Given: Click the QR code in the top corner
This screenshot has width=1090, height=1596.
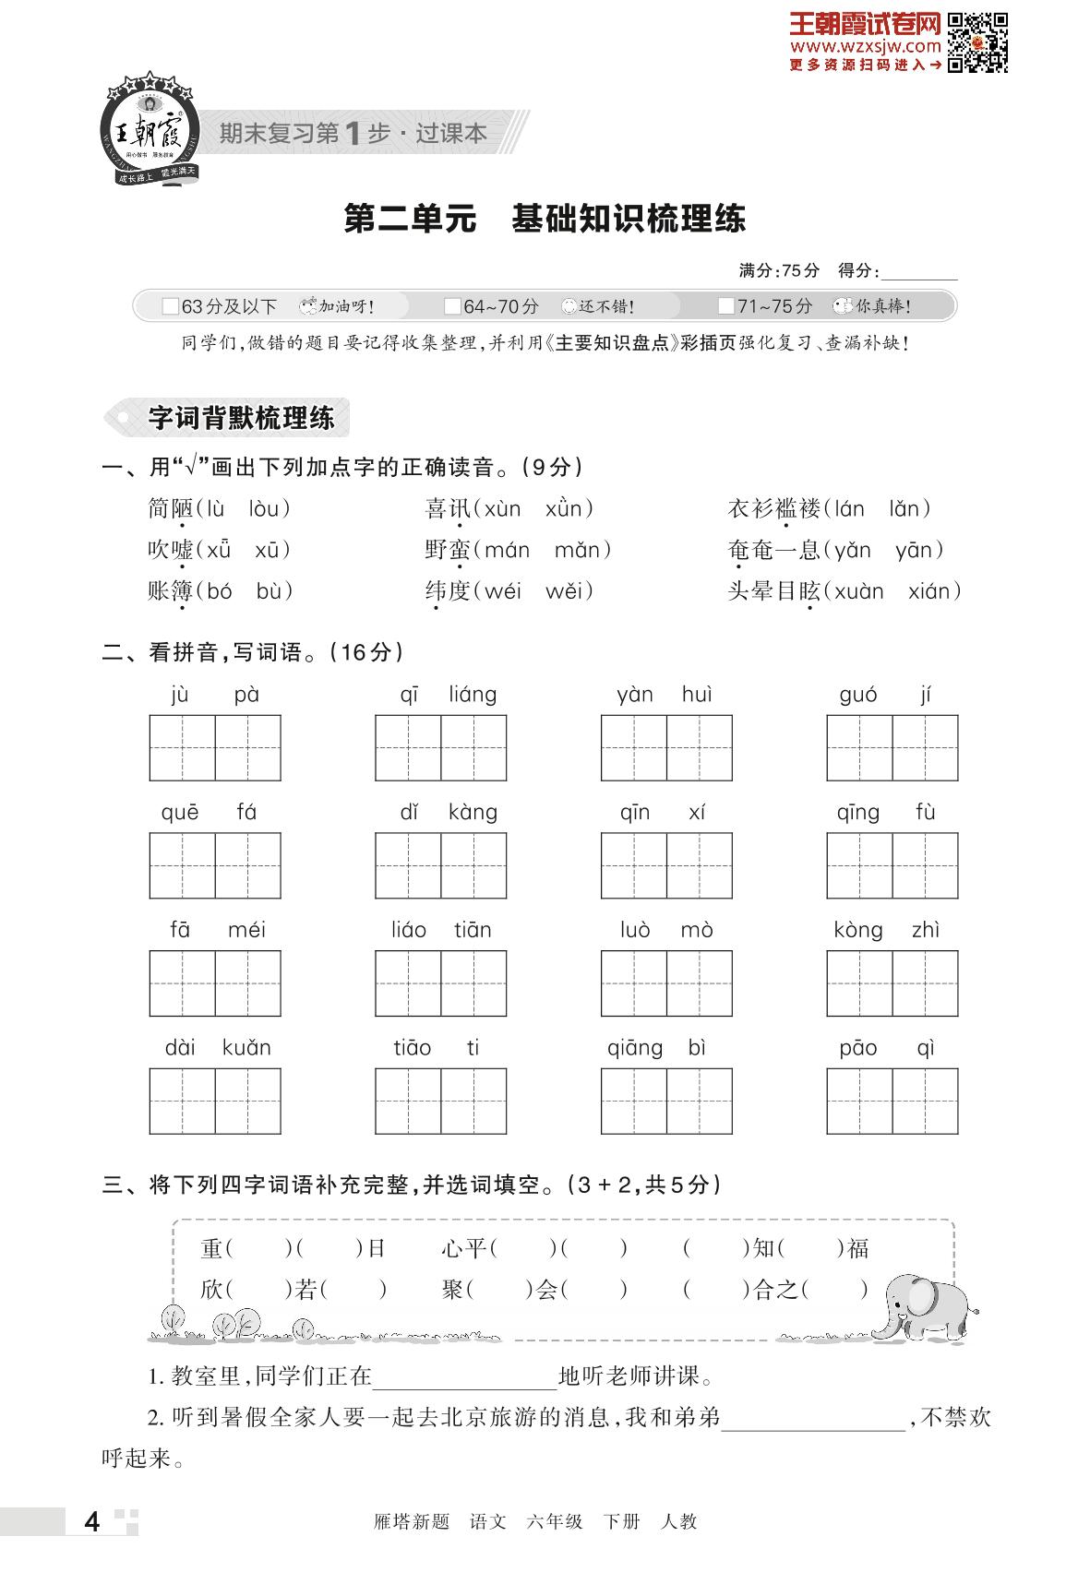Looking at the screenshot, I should pos(977,42).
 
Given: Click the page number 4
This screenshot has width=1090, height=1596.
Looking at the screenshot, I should pos(91,1522).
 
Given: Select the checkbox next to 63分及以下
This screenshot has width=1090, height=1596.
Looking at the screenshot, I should pos(170,306).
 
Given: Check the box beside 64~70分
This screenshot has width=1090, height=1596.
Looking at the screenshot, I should pos(452,306).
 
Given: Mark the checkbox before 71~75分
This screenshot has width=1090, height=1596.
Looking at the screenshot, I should pos(725,306).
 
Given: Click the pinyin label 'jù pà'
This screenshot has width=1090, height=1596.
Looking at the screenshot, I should pos(215,695).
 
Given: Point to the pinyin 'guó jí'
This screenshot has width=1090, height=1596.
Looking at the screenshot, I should pos(892,695).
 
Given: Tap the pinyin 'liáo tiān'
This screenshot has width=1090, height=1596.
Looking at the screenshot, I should pos(440,930).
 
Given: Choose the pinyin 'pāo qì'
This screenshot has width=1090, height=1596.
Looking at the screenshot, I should pos(892,1048).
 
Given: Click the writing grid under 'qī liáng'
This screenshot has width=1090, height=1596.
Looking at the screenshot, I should pos(440,748).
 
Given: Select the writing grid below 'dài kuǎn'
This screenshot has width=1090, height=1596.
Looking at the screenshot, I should pos(215,1101).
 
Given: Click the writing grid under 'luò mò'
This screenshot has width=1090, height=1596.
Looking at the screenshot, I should pos(666,983).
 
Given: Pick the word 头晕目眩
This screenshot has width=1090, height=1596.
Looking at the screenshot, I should pos(773,591).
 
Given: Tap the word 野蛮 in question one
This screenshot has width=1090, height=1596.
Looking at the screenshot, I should pos(448,551).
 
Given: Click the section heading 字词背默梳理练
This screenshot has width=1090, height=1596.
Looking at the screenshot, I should pos(242,419).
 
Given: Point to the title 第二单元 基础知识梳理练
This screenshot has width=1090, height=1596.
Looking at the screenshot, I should pos(545,220).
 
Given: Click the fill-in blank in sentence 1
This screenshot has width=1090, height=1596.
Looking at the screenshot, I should pos(465,1378).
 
